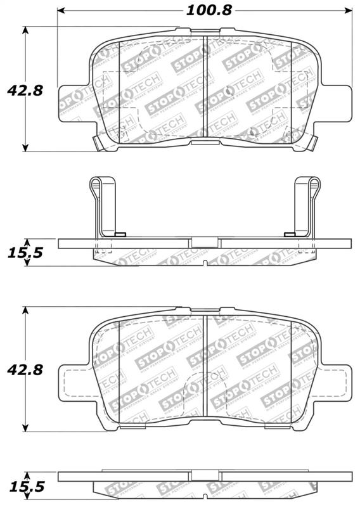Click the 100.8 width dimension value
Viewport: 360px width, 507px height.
[x=205, y=11]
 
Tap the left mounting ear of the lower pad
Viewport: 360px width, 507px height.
[x=71, y=380]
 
